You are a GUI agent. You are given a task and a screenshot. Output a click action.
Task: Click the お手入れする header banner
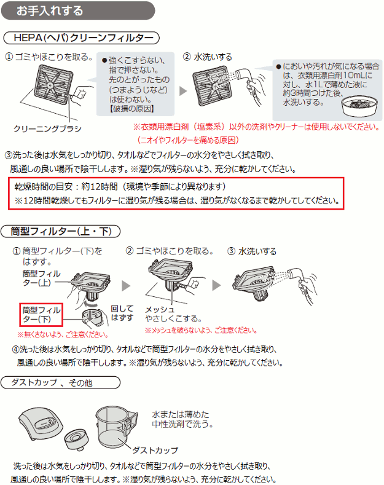point(78,10)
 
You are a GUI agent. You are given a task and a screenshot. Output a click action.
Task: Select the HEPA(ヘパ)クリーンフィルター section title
point(81,38)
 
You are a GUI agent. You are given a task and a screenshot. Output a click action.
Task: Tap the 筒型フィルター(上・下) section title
point(61,231)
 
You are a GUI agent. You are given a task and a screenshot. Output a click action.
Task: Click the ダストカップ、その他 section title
point(61,382)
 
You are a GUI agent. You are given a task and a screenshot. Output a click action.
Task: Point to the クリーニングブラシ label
point(47,128)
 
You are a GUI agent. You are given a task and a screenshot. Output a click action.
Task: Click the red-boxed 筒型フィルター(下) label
point(41,315)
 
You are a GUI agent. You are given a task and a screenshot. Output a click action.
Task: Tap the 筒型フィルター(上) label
point(41,278)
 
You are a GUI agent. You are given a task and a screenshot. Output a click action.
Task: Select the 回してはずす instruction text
point(122,313)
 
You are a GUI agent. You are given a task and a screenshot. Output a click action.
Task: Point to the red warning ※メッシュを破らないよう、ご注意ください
point(202,330)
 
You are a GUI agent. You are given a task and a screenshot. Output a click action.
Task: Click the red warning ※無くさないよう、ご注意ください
point(63,334)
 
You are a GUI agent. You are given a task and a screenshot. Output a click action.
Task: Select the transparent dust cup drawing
point(115,426)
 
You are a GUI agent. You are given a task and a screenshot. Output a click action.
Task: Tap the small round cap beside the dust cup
point(76,439)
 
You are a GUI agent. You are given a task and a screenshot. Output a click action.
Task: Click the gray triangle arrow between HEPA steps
point(183,91)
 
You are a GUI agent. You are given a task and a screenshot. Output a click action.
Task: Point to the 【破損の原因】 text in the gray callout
point(132,109)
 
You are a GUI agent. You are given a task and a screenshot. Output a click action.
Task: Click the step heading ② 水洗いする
point(208,57)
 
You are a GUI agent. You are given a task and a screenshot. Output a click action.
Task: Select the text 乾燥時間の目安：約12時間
point(66,186)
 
